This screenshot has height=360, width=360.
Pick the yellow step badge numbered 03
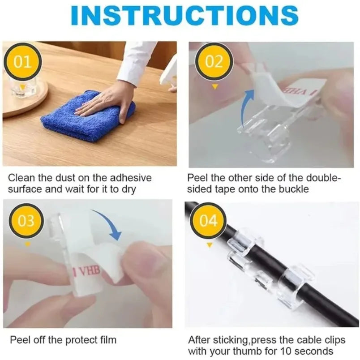pyautogui.click(x=26, y=221)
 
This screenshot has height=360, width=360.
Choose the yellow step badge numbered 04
pyautogui.click(x=208, y=221)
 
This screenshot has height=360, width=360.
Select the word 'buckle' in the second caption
pyautogui.click(x=295, y=189)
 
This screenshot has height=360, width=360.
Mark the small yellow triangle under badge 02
pyautogui.click(x=214, y=86)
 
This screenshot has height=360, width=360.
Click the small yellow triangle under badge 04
pyautogui.click(x=209, y=245)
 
